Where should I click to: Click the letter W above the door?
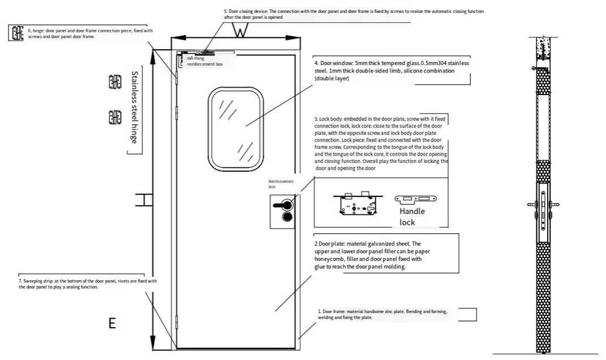tap(240, 31)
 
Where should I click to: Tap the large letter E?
tap(112, 323)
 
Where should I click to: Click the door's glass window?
tap(236, 128)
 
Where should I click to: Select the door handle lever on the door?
tap(282, 204)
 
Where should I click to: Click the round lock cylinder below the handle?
tap(287, 217)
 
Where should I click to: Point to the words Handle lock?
tap(412, 217)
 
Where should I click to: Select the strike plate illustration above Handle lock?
tap(415, 199)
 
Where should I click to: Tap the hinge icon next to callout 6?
tap(16, 33)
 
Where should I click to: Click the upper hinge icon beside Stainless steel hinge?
tap(115, 82)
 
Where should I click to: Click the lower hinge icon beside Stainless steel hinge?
tap(115, 117)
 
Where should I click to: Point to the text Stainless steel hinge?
tap(134, 107)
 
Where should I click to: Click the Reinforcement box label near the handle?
tap(281, 184)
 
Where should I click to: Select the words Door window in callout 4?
tap(331, 63)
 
